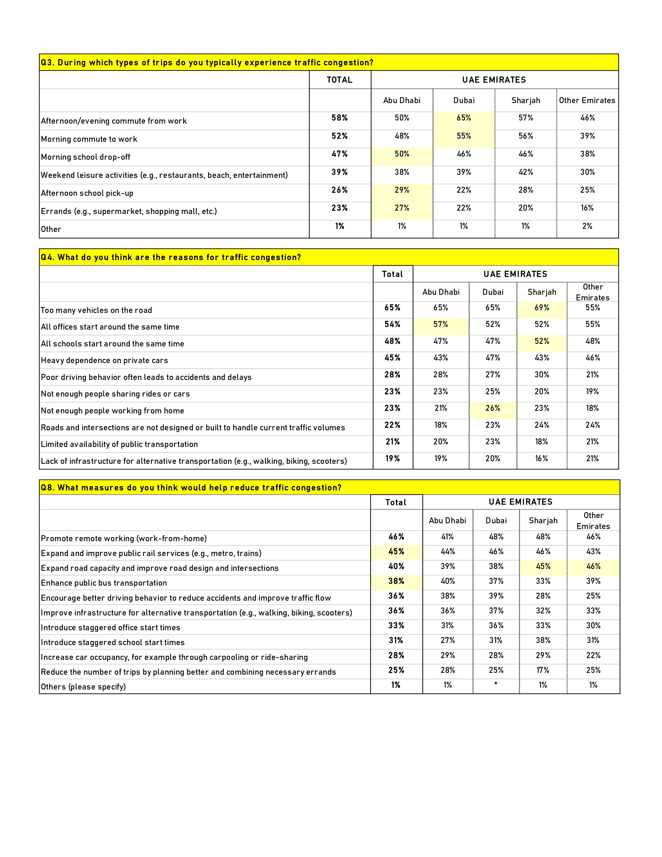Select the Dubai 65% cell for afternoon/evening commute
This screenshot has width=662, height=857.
click(x=464, y=118)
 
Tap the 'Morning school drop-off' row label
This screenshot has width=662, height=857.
click(x=85, y=157)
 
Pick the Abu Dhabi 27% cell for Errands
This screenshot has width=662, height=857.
click(x=402, y=208)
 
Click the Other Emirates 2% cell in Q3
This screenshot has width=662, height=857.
click(x=587, y=226)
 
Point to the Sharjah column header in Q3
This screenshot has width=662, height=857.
click(x=525, y=101)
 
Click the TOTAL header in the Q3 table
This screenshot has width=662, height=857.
click(x=340, y=80)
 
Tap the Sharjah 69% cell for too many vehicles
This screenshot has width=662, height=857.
click(x=542, y=308)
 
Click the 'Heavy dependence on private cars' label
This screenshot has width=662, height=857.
click(x=104, y=360)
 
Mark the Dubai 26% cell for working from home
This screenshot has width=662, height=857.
click(x=492, y=408)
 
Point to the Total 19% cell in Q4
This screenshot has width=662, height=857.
click(x=393, y=458)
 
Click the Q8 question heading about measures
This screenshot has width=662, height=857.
click(x=191, y=487)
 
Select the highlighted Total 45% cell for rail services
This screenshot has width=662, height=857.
click(x=396, y=551)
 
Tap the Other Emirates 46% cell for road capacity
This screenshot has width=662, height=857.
click(x=593, y=566)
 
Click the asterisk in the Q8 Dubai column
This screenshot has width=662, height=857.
click(x=496, y=684)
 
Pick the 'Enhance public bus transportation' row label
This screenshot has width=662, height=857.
click(x=104, y=583)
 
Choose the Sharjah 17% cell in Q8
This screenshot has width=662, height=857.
click(x=543, y=670)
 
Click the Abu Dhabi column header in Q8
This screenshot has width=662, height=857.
click(x=448, y=521)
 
